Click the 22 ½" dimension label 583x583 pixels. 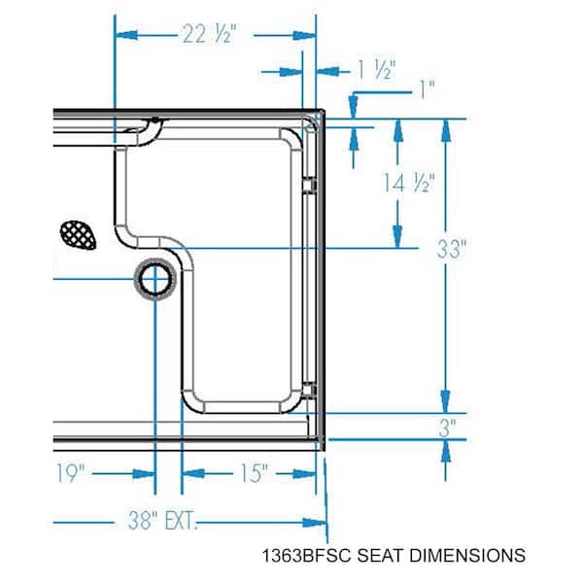coord(209,34)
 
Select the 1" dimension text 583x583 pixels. coord(427,89)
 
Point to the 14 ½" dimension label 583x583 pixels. coord(409,183)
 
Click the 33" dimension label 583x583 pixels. coord(451,249)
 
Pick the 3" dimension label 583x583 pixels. coord(447,428)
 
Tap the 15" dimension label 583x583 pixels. coord(254,473)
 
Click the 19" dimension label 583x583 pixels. coord(70,473)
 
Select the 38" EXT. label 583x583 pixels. coord(161,520)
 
